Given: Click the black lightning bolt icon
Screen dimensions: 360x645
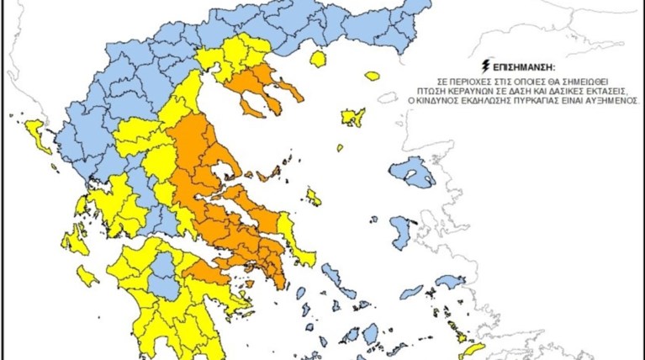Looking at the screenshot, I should click(484, 64).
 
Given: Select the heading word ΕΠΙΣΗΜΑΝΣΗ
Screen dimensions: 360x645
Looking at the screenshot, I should click(515, 65).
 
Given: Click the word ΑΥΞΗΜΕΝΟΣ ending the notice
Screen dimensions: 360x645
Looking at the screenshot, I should click(609, 99).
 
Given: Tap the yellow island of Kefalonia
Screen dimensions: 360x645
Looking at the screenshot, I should click(75, 240).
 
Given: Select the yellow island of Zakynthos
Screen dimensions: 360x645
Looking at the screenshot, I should click(87, 276).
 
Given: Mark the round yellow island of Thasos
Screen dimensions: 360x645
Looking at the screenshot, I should click(318, 59).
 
